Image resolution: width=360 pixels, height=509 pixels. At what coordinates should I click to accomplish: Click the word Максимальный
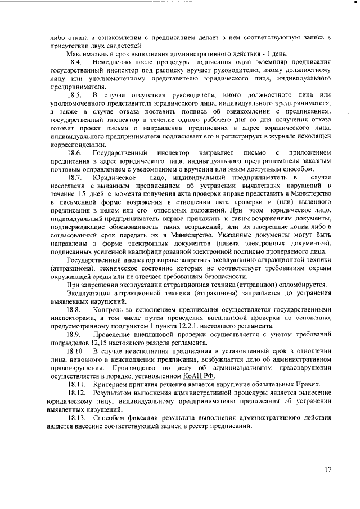[91, 52]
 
